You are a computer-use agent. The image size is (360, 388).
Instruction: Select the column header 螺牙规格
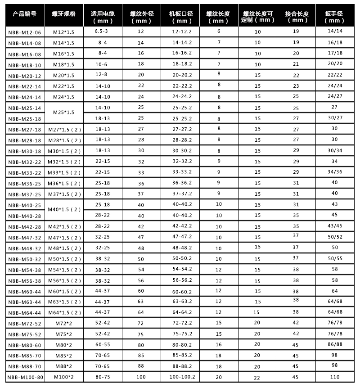(x=63, y=13)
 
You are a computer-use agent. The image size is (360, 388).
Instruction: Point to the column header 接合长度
(x=296, y=17)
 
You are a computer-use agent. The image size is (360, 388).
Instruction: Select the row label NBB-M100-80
(x=25, y=377)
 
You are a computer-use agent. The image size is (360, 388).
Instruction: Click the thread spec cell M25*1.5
(x=63, y=112)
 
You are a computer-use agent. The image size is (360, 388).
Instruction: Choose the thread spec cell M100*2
(x=63, y=377)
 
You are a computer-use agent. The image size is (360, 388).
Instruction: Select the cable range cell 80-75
(x=103, y=377)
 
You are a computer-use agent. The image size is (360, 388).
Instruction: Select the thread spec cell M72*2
(x=63, y=323)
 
